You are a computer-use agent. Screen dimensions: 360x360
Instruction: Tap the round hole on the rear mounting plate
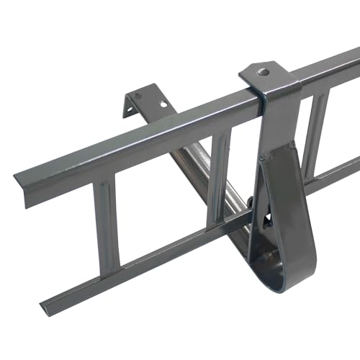coord(164,103)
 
